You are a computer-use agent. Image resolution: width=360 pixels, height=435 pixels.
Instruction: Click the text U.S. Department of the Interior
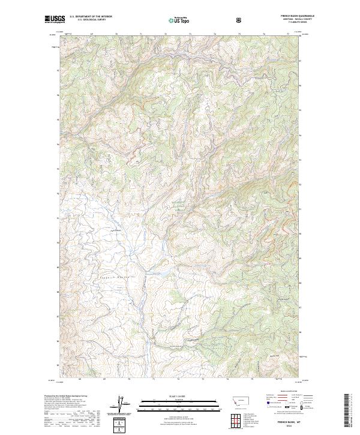91,17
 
